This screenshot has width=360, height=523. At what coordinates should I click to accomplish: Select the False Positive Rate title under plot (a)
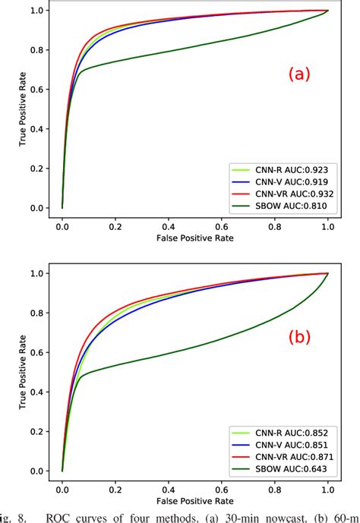194,238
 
